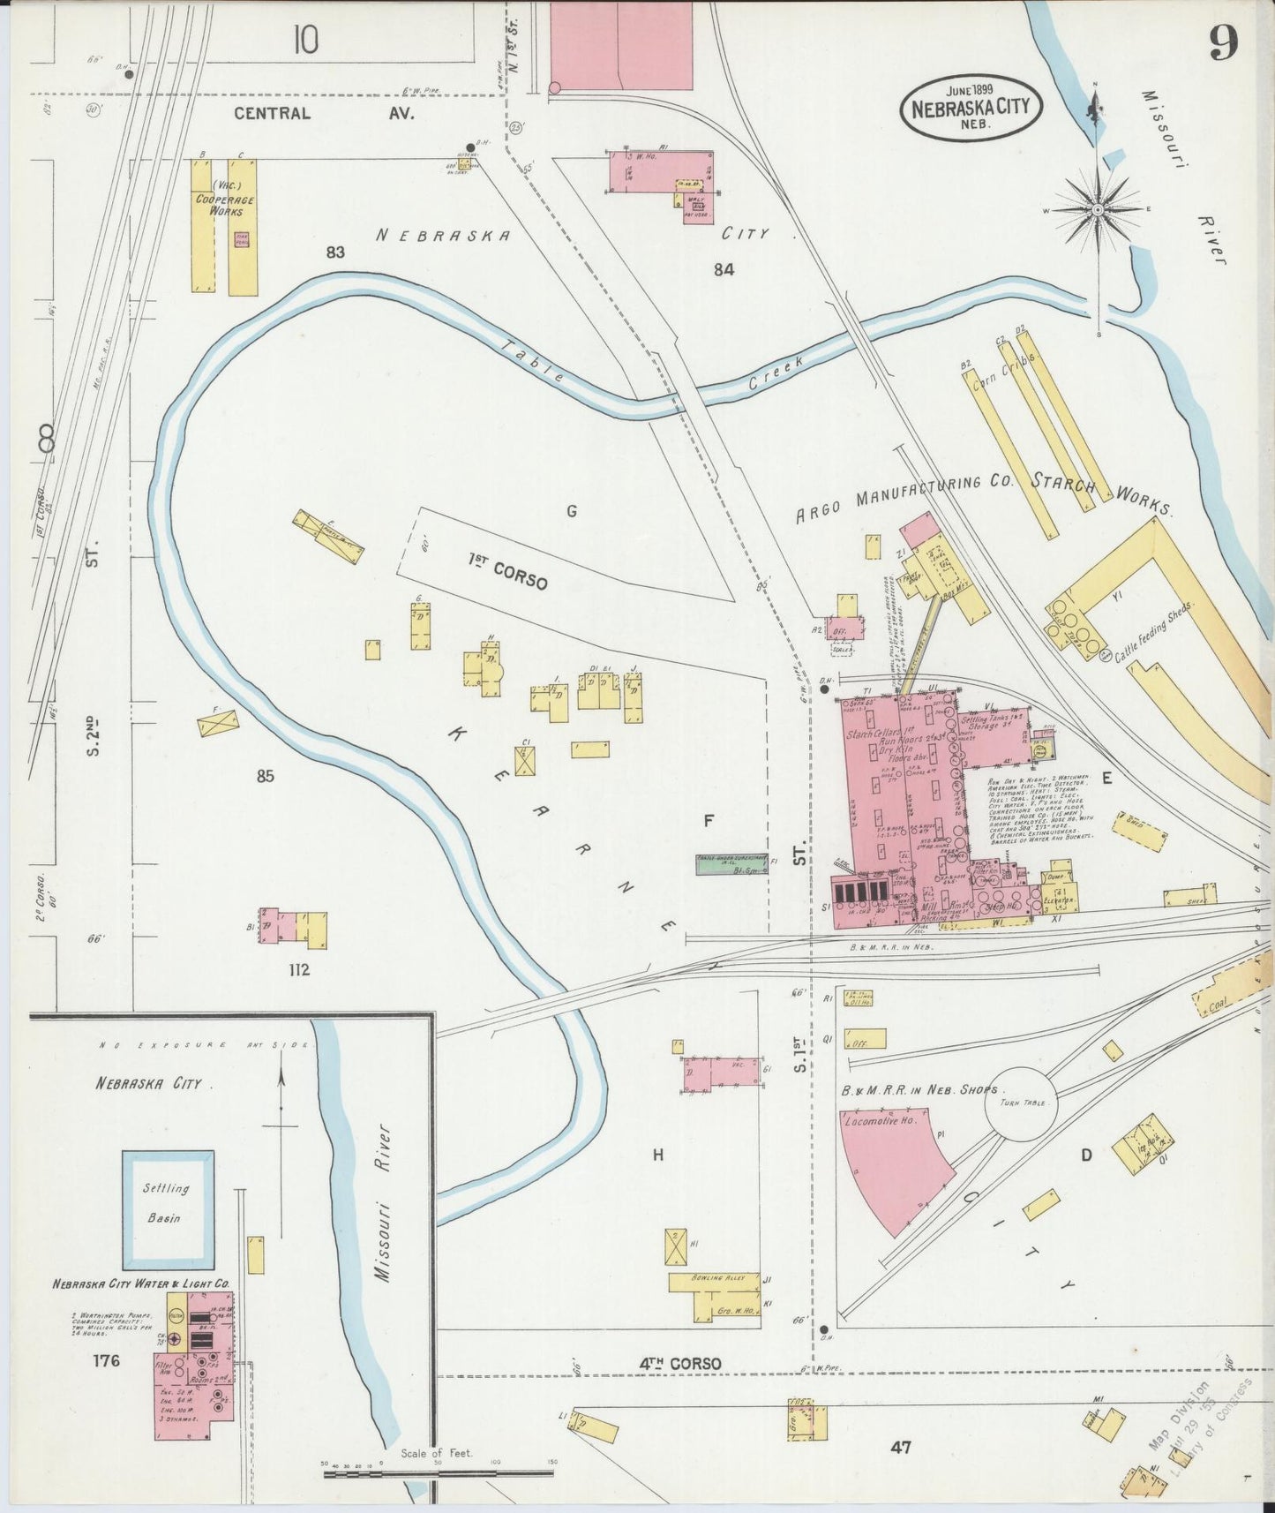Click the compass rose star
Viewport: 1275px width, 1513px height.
tap(1097, 210)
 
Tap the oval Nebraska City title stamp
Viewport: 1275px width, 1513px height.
tap(971, 108)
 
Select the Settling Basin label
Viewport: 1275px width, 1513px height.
tap(166, 1202)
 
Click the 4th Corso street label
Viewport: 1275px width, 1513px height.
tap(679, 1364)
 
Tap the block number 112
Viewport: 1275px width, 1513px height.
tap(298, 970)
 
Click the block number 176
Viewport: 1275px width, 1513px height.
tap(105, 1360)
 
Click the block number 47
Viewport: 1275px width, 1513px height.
tap(900, 1447)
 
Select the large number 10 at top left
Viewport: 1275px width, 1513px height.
tap(305, 39)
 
